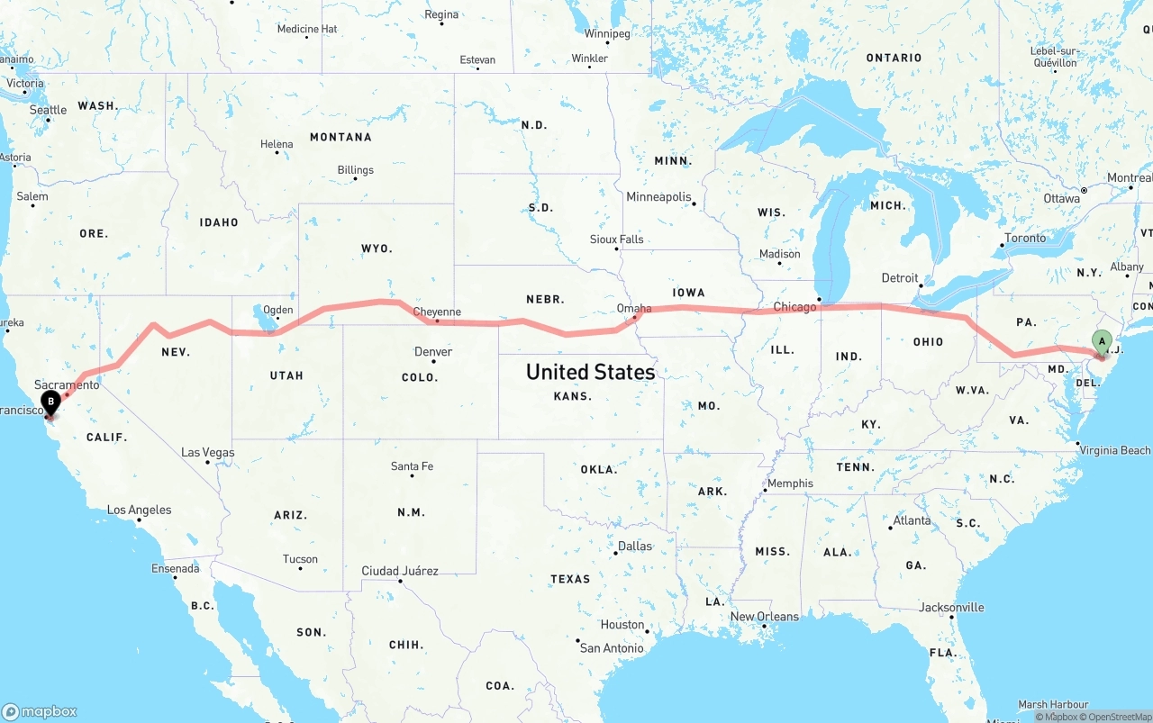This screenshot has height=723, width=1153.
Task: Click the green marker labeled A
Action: pyautogui.click(x=1101, y=341)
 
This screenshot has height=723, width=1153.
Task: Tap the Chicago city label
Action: pyautogui.click(x=794, y=307)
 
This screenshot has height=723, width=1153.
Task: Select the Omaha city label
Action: pyautogui.click(x=634, y=308)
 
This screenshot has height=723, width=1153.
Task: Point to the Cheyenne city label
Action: pyautogui.click(x=437, y=312)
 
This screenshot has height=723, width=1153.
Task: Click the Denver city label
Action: pyautogui.click(x=433, y=351)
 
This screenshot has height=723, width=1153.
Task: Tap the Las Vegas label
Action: pyautogui.click(x=207, y=452)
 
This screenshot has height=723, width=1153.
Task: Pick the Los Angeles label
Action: pyautogui.click(x=139, y=510)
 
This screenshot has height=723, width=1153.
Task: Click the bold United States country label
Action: pyautogui.click(x=590, y=371)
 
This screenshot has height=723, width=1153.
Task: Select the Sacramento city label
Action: pyautogui.click(x=68, y=384)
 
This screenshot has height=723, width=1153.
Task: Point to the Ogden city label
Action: pyautogui.click(x=277, y=310)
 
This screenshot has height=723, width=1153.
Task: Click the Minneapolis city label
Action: pyautogui.click(x=658, y=196)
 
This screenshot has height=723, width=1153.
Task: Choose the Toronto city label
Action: pyautogui.click(x=1025, y=238)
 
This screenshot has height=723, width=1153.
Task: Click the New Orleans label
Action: pyautogui.click(x=764, y=616)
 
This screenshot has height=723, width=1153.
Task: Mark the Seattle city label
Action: pyautogui.click(x=48, y=110)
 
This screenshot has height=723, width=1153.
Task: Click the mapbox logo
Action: pyautogui.click(x=40, y=711)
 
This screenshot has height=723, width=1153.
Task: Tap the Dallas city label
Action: pyautogui.click(x=634, y=546)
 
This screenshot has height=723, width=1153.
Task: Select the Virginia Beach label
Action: pyautogui.click(x=1115, y=449)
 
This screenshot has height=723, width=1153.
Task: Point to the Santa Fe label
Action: pyautogui.click(x=412, y=465)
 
